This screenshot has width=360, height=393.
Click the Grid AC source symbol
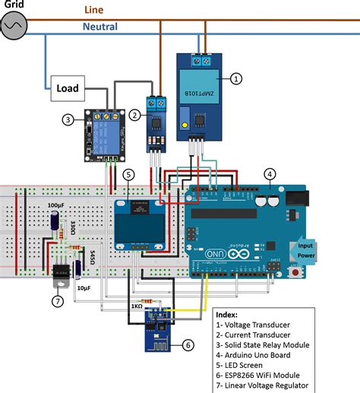(15, 25)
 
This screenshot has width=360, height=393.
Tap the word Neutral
(99, 27)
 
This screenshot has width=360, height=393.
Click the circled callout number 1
(236, 78)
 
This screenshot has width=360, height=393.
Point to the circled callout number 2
(135, 115)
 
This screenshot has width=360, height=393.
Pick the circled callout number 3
(68, 119)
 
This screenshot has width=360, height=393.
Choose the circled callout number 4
(270, 173)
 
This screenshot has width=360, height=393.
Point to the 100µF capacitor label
(55, 205)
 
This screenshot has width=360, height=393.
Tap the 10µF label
(84, 288)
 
